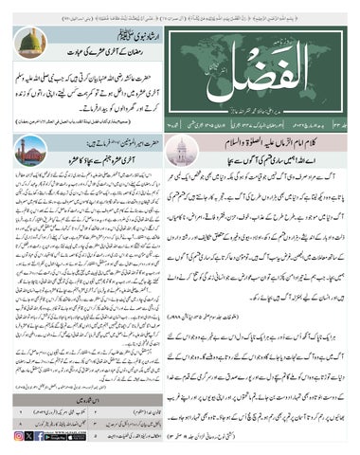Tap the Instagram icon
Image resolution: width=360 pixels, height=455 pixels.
19,435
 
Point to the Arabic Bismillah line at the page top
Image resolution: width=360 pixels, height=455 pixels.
180,6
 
